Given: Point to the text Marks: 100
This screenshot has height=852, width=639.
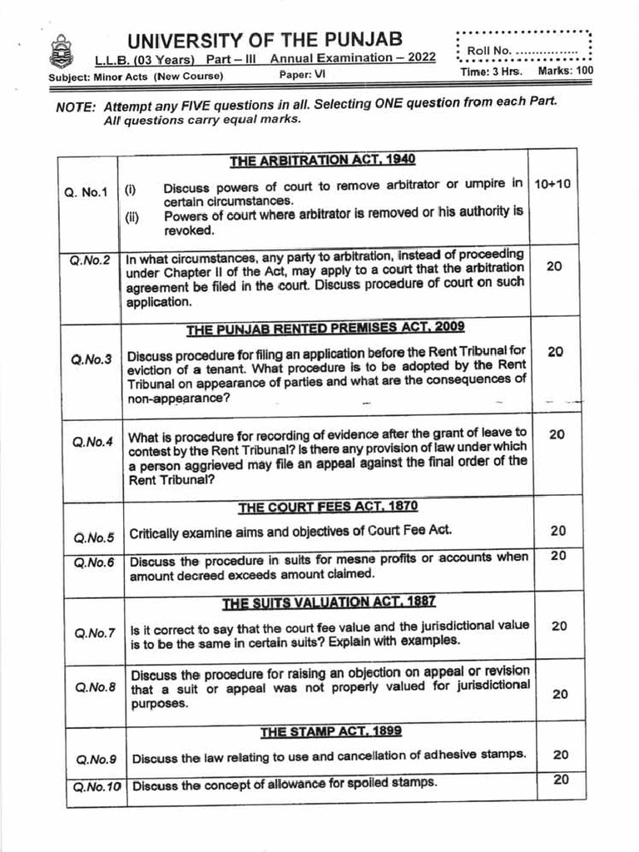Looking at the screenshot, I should point(566,72).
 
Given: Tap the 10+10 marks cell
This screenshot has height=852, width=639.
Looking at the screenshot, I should point(552,184).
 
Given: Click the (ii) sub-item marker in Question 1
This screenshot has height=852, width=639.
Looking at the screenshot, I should point(132,219).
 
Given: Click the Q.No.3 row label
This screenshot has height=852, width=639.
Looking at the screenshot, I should point(92,359).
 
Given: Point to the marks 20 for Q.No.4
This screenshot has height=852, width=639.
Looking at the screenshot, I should point(557,434).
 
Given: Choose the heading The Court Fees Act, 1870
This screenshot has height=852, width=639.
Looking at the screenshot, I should point(328,506).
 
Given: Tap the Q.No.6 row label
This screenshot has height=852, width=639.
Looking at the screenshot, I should point(92,562).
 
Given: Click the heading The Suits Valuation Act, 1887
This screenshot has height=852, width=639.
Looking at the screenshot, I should point(329,601).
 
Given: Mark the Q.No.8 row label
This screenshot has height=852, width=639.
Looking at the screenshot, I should point(94,687).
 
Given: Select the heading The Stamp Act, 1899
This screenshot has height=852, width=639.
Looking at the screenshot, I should point(330,731).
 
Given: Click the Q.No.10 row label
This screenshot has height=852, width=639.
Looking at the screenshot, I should point(97,785).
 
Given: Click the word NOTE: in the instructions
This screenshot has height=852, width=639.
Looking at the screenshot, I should point(76,107).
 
